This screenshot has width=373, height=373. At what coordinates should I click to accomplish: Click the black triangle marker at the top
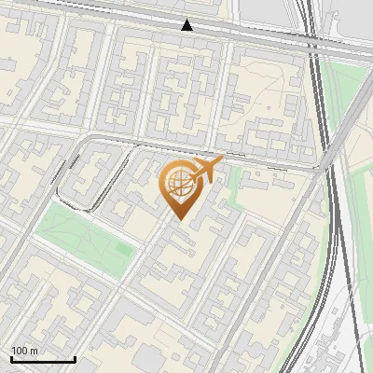pyautogui.click(x=187, y=25)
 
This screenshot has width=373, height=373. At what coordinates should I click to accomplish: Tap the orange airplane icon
pyautogui.click(x=206, y=170)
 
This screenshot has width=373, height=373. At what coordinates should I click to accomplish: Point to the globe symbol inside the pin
pyautogui.click(x=178, y=184)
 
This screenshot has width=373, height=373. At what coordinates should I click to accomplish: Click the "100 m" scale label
pyautogui.click(x=25, y=351)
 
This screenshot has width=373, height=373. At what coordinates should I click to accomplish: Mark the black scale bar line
pyautogui.click(x=43, y=359)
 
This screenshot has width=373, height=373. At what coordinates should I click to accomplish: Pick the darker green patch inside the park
pyautogui.click(x=122, y=251)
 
